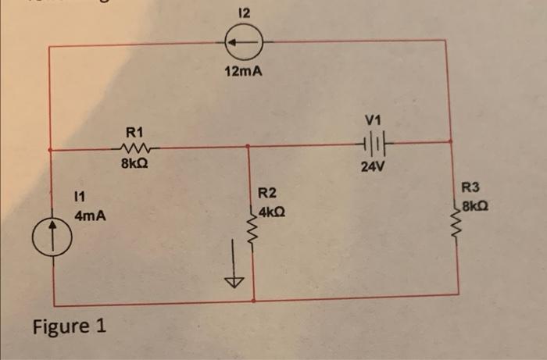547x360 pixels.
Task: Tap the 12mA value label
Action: [x=243, y=72]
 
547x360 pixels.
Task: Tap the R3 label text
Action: [x=472, y=187]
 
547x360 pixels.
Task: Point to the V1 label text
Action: [x=372, y=120]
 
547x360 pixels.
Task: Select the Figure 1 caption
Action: [x=70, y=325]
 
